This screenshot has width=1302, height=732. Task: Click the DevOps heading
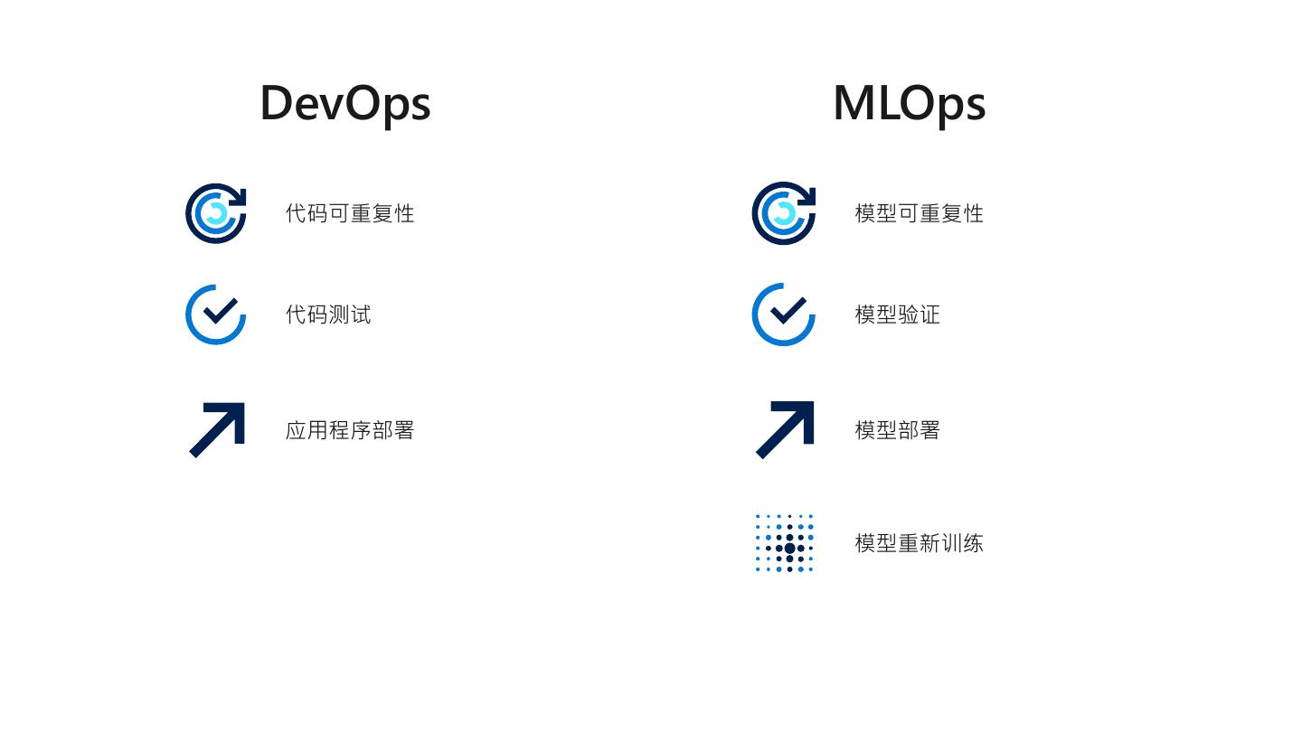click(344, 102)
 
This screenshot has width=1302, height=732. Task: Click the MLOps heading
click(909, 102)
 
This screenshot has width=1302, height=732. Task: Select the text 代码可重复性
click(350, 213)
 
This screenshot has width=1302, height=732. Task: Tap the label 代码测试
click(328, 314)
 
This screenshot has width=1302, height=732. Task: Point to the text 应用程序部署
click(350, 430)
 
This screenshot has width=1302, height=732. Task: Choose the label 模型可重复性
click(919, 213)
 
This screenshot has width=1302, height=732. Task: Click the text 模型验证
click(897, 314)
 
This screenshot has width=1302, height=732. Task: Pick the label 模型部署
click(897, 430)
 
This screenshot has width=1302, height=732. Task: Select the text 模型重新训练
click(919, 543)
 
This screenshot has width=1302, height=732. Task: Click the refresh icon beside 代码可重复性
click(216, 213)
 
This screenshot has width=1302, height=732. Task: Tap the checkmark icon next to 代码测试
click(216, 314)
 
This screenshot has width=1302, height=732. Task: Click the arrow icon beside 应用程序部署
click(217, 430)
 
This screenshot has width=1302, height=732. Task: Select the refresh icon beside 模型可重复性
click(784, 213)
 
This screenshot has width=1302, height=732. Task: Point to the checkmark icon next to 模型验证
click(784, 314)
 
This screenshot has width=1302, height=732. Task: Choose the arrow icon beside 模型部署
click(785, 430)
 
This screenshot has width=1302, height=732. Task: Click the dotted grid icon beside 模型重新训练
click(785, 543)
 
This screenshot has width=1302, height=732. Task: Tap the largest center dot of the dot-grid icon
click(789, 548)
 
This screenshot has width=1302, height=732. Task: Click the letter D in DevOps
click(276, 102)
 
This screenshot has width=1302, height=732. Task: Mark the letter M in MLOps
click(854, 102)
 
